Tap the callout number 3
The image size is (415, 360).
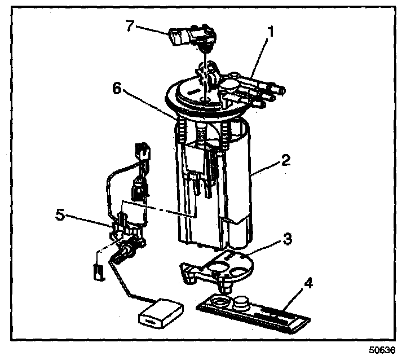pyautogui.click(x=287, y=238)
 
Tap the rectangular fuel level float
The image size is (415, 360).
pyautogui.click(x=161, y=313)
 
